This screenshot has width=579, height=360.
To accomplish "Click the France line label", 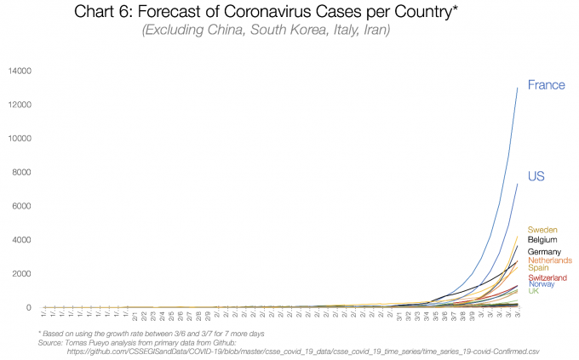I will click(546, 84).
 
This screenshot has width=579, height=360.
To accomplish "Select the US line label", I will click(536, 176).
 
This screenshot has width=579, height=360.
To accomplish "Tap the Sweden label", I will click(542, 230).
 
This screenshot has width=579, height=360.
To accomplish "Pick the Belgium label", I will click(543, 240).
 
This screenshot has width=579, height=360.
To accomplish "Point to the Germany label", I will click(546, 252).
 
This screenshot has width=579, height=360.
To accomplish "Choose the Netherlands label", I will click(550, 260).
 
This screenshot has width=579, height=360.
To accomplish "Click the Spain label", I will click(539, 268).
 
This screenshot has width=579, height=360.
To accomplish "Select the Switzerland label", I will click(547, 277).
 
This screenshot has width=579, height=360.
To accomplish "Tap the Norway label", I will click(542, 284).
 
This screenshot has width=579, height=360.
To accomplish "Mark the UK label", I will click(534, 291).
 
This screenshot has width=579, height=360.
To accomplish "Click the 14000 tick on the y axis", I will click(20, 70).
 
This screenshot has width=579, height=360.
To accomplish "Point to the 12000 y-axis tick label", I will click(20, 104).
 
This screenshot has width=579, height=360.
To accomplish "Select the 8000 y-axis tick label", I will click(22, 172).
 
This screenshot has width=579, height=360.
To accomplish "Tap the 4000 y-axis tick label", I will click(22, 240).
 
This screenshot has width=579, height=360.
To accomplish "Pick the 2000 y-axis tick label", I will click(22, 274).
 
